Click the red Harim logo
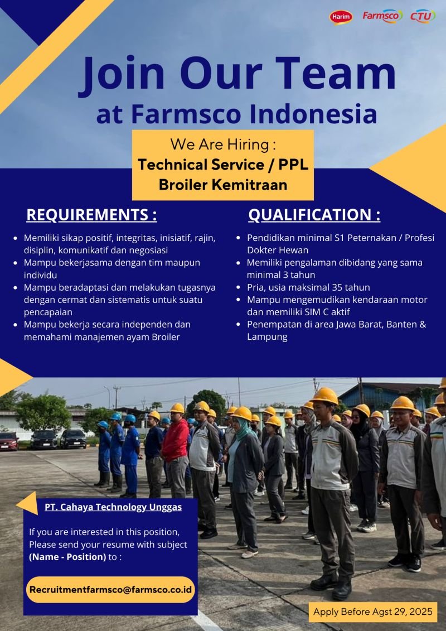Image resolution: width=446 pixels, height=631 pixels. click(341, 17)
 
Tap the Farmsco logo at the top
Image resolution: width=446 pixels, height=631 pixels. click(382, 16)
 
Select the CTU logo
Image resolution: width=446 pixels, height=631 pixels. click(423, 16)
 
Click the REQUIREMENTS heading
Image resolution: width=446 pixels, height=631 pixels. click(91, 215)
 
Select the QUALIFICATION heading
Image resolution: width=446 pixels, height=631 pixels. click(314, 215)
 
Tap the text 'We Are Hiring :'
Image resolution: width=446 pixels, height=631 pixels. click(223, 144)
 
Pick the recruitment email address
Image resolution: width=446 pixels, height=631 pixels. click(111, 590)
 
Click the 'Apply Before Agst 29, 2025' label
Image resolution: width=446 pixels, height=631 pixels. click(373, 612)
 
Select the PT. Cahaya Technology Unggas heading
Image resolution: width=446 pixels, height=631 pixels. click(113, 507)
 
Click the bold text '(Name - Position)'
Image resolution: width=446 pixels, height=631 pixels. click(67, 557)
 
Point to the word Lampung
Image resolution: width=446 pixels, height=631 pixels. click(267, 337)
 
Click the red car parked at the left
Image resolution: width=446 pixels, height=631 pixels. click(9, 441)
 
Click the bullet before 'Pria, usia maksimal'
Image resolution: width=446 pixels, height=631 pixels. click(239, 287)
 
